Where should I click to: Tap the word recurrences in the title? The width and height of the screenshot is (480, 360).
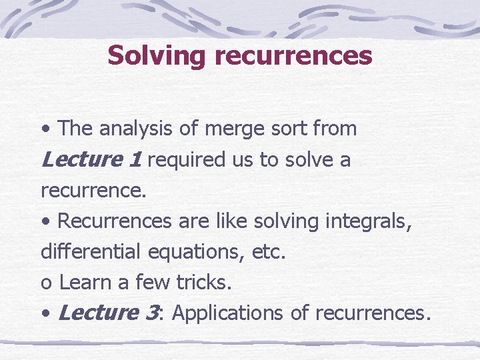pos(293,55)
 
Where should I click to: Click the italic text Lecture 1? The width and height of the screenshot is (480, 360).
pos(91,159)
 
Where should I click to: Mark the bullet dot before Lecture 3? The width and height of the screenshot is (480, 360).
pos(45,313)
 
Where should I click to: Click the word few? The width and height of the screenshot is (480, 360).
pos(153,283)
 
